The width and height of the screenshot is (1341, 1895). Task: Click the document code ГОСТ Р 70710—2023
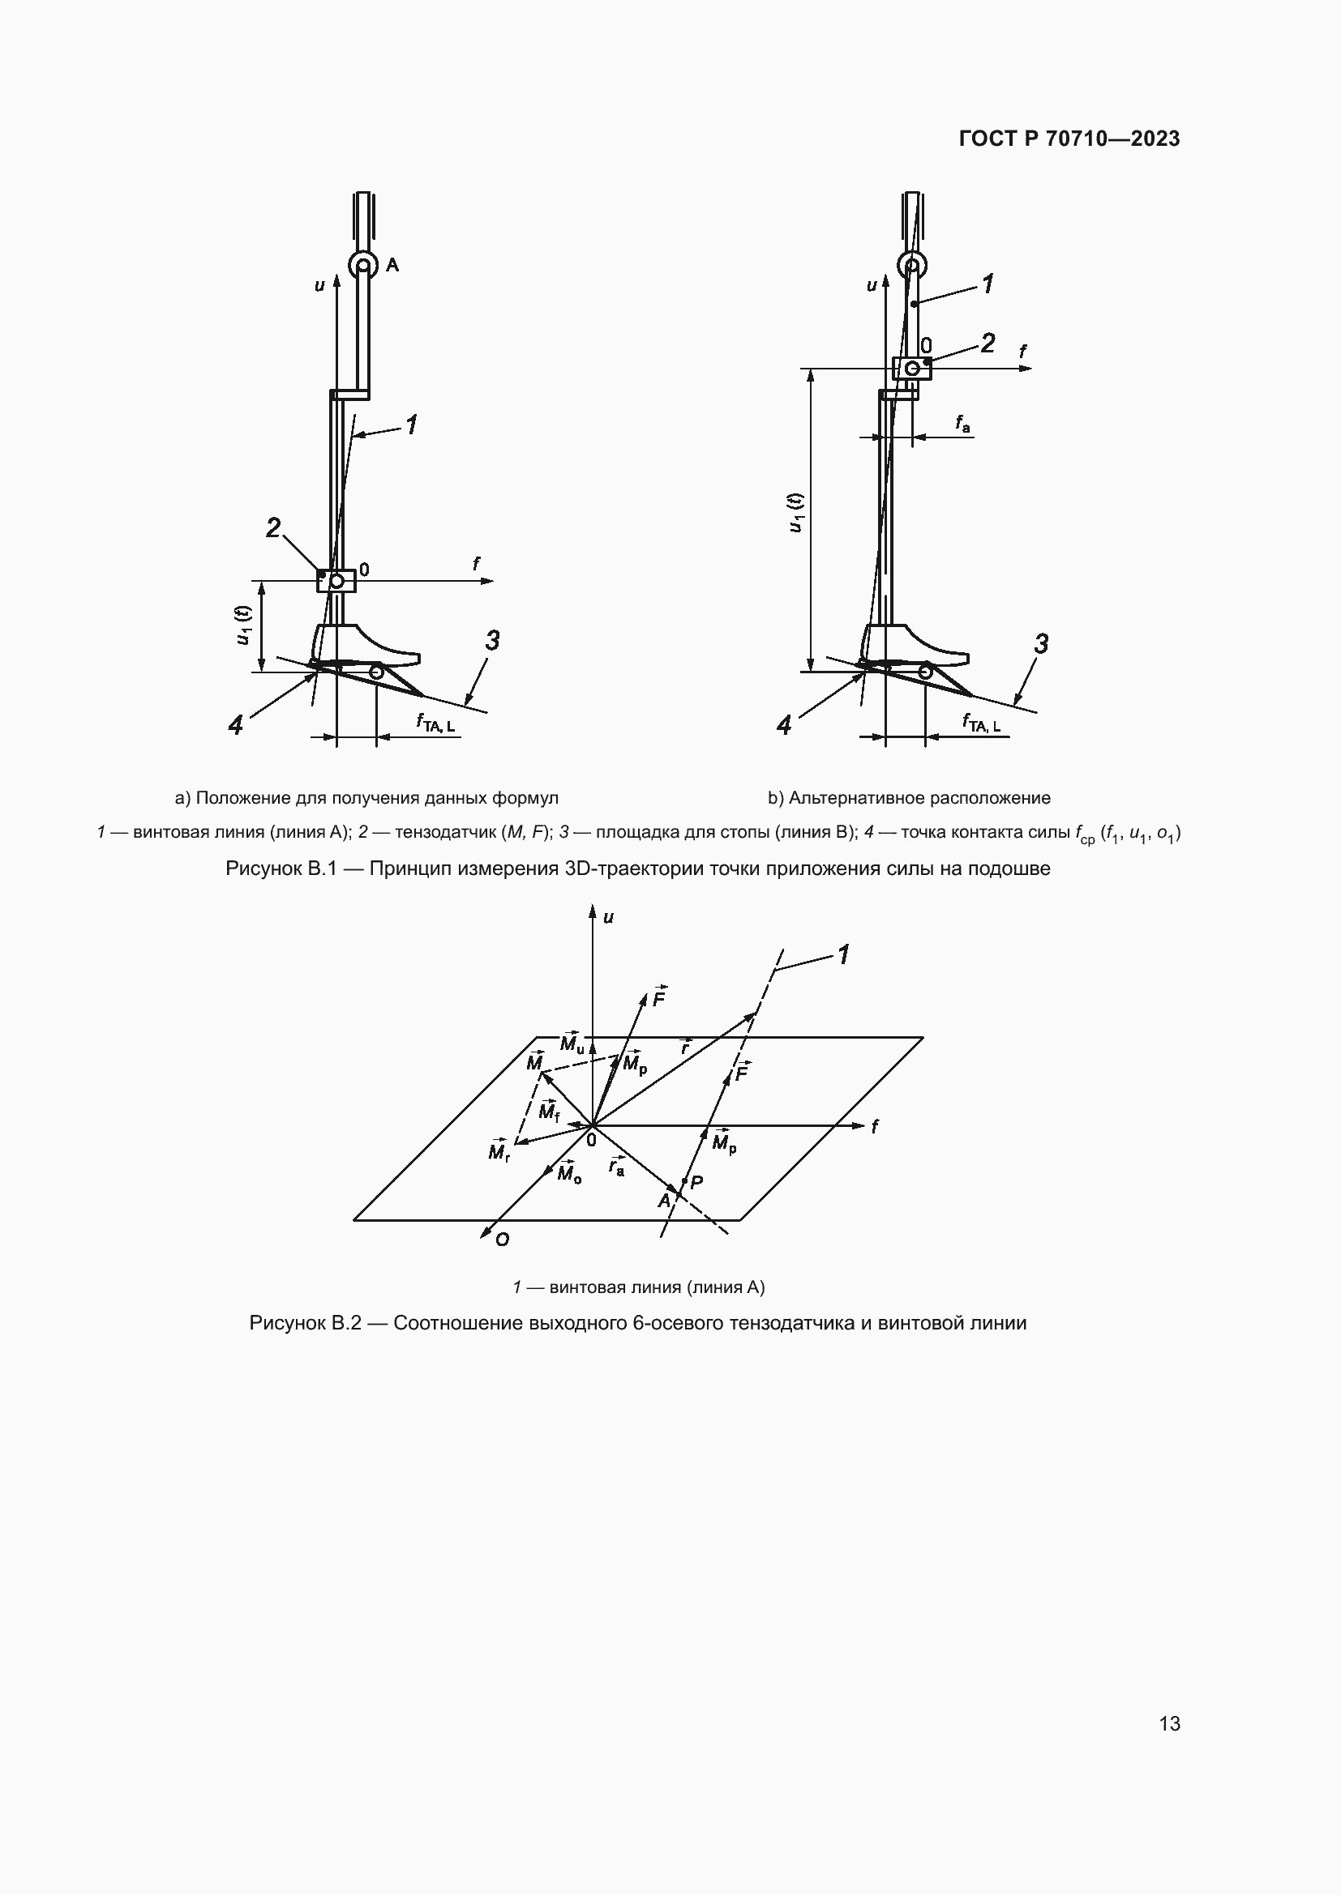[x=1069, y=139]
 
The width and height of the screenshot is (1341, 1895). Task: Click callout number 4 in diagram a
[x=236, y=724]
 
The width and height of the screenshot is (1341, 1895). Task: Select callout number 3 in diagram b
[x=1041, y=643]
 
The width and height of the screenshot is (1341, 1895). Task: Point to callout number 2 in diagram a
[x=272, y=527]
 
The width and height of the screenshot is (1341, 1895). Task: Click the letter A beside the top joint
[x=392, y=265]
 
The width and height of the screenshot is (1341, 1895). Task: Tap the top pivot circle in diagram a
[x=362, y=266]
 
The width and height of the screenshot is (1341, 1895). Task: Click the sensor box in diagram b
[x=911, y=368]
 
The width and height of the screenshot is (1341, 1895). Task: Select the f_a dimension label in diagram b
[x=963, y=425]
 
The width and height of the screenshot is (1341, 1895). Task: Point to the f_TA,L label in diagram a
[x=435, y=723]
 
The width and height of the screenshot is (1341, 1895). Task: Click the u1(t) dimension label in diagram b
[x=795, y=513]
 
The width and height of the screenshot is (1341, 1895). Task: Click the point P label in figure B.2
[x=696, y=1182]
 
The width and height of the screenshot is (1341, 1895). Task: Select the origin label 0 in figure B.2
[x=591, y=1140]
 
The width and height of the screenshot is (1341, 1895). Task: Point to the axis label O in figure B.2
[x=502, y=1240]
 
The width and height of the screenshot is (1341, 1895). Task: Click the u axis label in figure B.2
[x=609, y=917]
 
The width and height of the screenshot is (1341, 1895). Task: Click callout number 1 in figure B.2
[x=843, y=955]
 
